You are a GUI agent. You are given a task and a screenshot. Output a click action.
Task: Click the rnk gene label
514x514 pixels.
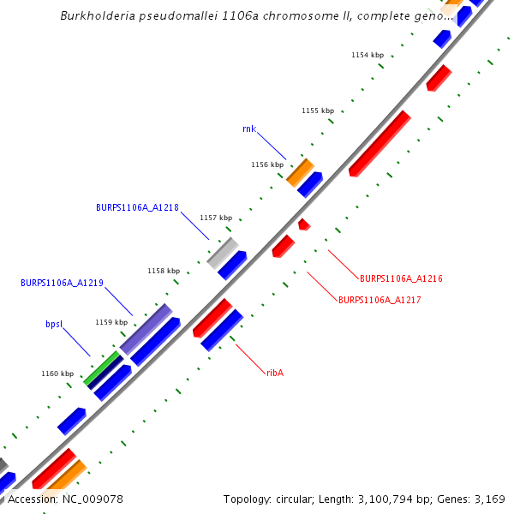[249, 129]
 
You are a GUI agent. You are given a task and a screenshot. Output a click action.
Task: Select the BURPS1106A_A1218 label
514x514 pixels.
[137, 207]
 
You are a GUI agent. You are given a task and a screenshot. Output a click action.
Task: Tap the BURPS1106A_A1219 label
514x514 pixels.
[62, 283]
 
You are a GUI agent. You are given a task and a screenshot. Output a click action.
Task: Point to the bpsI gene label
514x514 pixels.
[54, 324]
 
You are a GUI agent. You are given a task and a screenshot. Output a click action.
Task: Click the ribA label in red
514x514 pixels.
[274, 373]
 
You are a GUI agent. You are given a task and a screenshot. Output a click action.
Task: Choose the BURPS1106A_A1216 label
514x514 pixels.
[401, 279]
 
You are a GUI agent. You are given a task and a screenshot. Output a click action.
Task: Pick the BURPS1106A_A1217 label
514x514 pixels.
[380, 301]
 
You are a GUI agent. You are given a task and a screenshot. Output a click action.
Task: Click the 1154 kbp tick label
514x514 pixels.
[368, 55]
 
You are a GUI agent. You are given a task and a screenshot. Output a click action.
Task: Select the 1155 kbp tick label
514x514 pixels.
[318, 111]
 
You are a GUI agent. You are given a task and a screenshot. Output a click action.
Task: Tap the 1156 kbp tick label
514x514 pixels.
[267, 164]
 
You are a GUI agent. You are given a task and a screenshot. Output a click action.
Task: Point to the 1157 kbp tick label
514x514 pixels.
[216, 218]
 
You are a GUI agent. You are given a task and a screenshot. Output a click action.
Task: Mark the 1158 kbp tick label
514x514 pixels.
[164, 271]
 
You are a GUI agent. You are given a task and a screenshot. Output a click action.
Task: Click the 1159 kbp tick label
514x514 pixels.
[111, 322]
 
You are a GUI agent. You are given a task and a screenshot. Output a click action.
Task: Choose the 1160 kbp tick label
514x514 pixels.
[58, 374]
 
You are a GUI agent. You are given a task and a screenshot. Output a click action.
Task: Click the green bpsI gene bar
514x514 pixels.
[102, 368]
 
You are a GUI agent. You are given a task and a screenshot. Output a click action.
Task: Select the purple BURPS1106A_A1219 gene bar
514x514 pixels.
[146, 328]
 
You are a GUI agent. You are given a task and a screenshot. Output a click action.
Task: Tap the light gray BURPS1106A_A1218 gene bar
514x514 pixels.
[223, 253]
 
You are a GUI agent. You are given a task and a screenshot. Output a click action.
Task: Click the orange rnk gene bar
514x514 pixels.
[300, 172]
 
